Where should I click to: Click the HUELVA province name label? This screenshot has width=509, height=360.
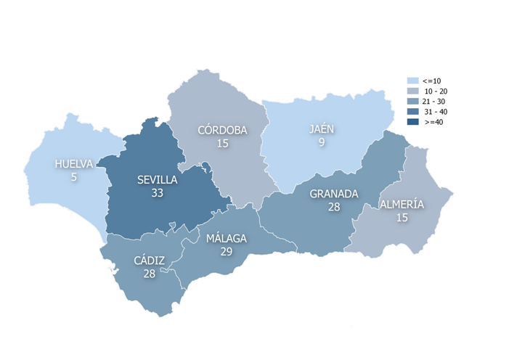pyautogui.click(x=74, y=164)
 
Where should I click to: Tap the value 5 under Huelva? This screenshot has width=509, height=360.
pyautogui.click(x=74, y=176)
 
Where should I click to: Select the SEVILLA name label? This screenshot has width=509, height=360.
pyautogui.click(x=157, y=180)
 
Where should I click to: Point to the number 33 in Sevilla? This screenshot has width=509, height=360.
pyautogui.click(x=157, y=193)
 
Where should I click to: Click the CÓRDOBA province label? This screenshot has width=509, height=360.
pyautogui.click(x=222, y=131)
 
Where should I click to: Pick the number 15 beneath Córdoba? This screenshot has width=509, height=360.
pyautogui.click(x=222, y=144)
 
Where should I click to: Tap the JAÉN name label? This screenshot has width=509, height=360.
pyautogui.click(x=322, y=129)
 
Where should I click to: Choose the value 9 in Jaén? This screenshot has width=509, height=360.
pyautogui.click(x=322, y=142)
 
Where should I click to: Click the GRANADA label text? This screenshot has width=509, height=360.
pyautogui.click(x=334, y=194)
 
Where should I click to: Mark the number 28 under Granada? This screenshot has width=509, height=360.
pyautogui.click(x=334, y=207)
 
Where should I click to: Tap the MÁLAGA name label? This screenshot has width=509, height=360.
pyautogui.click(x=226, y=238)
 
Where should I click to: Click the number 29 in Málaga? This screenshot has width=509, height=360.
pyautogui.click(x=226, y=250)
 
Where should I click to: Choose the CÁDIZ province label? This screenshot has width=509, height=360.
pyautogui.click(x=149, y=261)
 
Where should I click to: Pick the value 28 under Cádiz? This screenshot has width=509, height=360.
pyautogui.click(x=149, y=273)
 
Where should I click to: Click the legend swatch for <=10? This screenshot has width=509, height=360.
pyautogui.click(x=412, y=81)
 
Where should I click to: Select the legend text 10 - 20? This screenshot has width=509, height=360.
pyautogui.click(x=436, y=91)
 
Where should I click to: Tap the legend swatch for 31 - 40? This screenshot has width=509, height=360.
pyautogui.click(x=412, y=112)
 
